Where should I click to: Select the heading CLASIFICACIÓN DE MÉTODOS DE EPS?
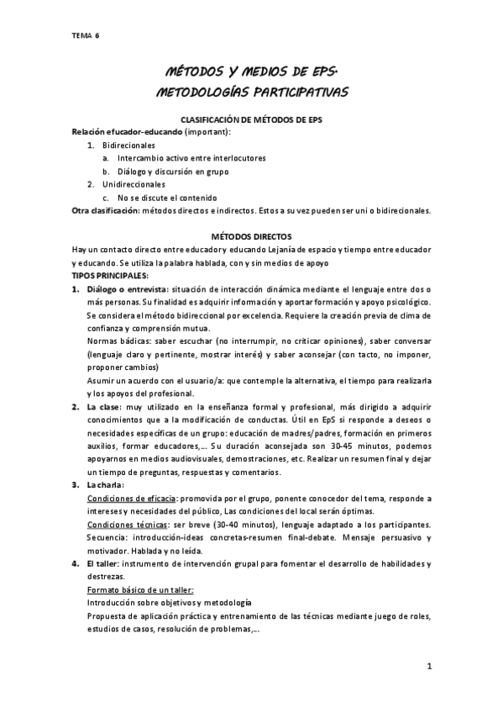251,121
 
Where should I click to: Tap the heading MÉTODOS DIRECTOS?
251,237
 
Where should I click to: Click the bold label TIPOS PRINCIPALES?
110,276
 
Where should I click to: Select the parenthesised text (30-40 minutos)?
237,524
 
